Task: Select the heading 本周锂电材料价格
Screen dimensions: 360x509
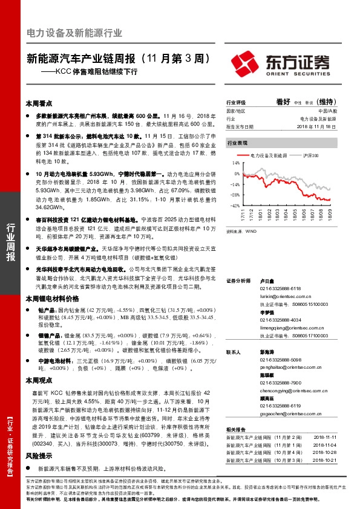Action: pyautogui.click(x=52, y=299)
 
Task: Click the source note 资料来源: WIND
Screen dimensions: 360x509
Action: pyautogui.click(x=238, y=230)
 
